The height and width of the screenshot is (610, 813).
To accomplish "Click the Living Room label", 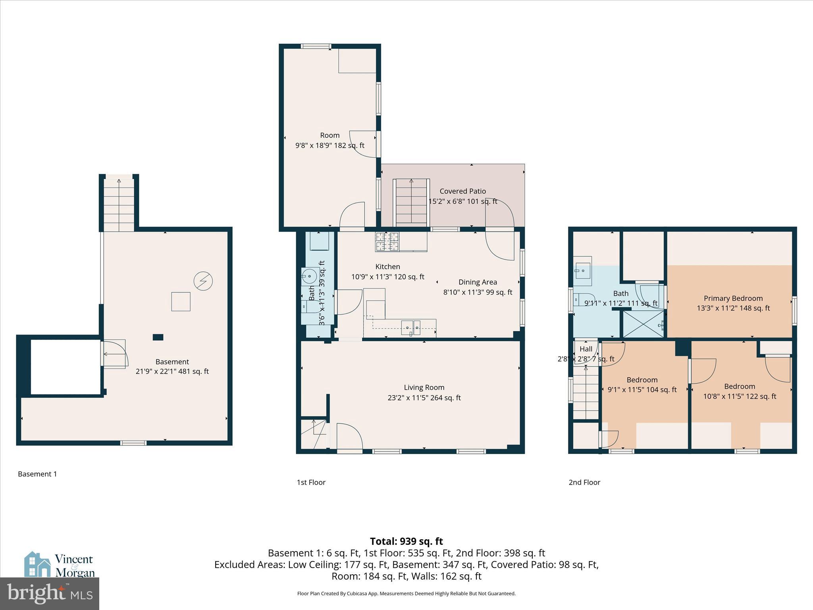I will [424, 387].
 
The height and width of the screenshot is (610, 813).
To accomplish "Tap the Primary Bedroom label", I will [733, 298].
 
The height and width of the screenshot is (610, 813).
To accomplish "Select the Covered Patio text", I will [462, 191].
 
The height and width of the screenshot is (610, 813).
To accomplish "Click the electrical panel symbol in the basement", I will [203, 281].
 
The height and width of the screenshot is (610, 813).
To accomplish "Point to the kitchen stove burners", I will [387, 242].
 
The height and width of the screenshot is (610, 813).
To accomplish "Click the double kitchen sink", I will [410, 328].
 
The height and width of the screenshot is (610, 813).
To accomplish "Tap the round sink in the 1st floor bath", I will [309, 275].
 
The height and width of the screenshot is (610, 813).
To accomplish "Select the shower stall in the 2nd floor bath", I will [643, 324].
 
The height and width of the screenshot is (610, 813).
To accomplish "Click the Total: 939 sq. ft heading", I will [406, 541].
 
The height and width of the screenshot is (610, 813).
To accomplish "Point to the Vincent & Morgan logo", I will [60, 565].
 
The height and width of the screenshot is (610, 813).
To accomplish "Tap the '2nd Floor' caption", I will [584, 482].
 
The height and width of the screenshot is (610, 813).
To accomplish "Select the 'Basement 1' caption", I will [37, 474].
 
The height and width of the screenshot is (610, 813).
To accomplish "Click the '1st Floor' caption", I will [311, 482].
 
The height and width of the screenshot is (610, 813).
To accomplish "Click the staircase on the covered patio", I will [411, 203].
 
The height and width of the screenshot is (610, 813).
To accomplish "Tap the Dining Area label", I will [478, 282].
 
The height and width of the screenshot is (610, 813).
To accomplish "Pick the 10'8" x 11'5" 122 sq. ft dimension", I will [739, 396].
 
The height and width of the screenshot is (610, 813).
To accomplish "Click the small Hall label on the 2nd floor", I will [586, 349].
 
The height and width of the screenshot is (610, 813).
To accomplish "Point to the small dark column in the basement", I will [158, 337].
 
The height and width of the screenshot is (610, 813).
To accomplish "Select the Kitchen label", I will [387, 266].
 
